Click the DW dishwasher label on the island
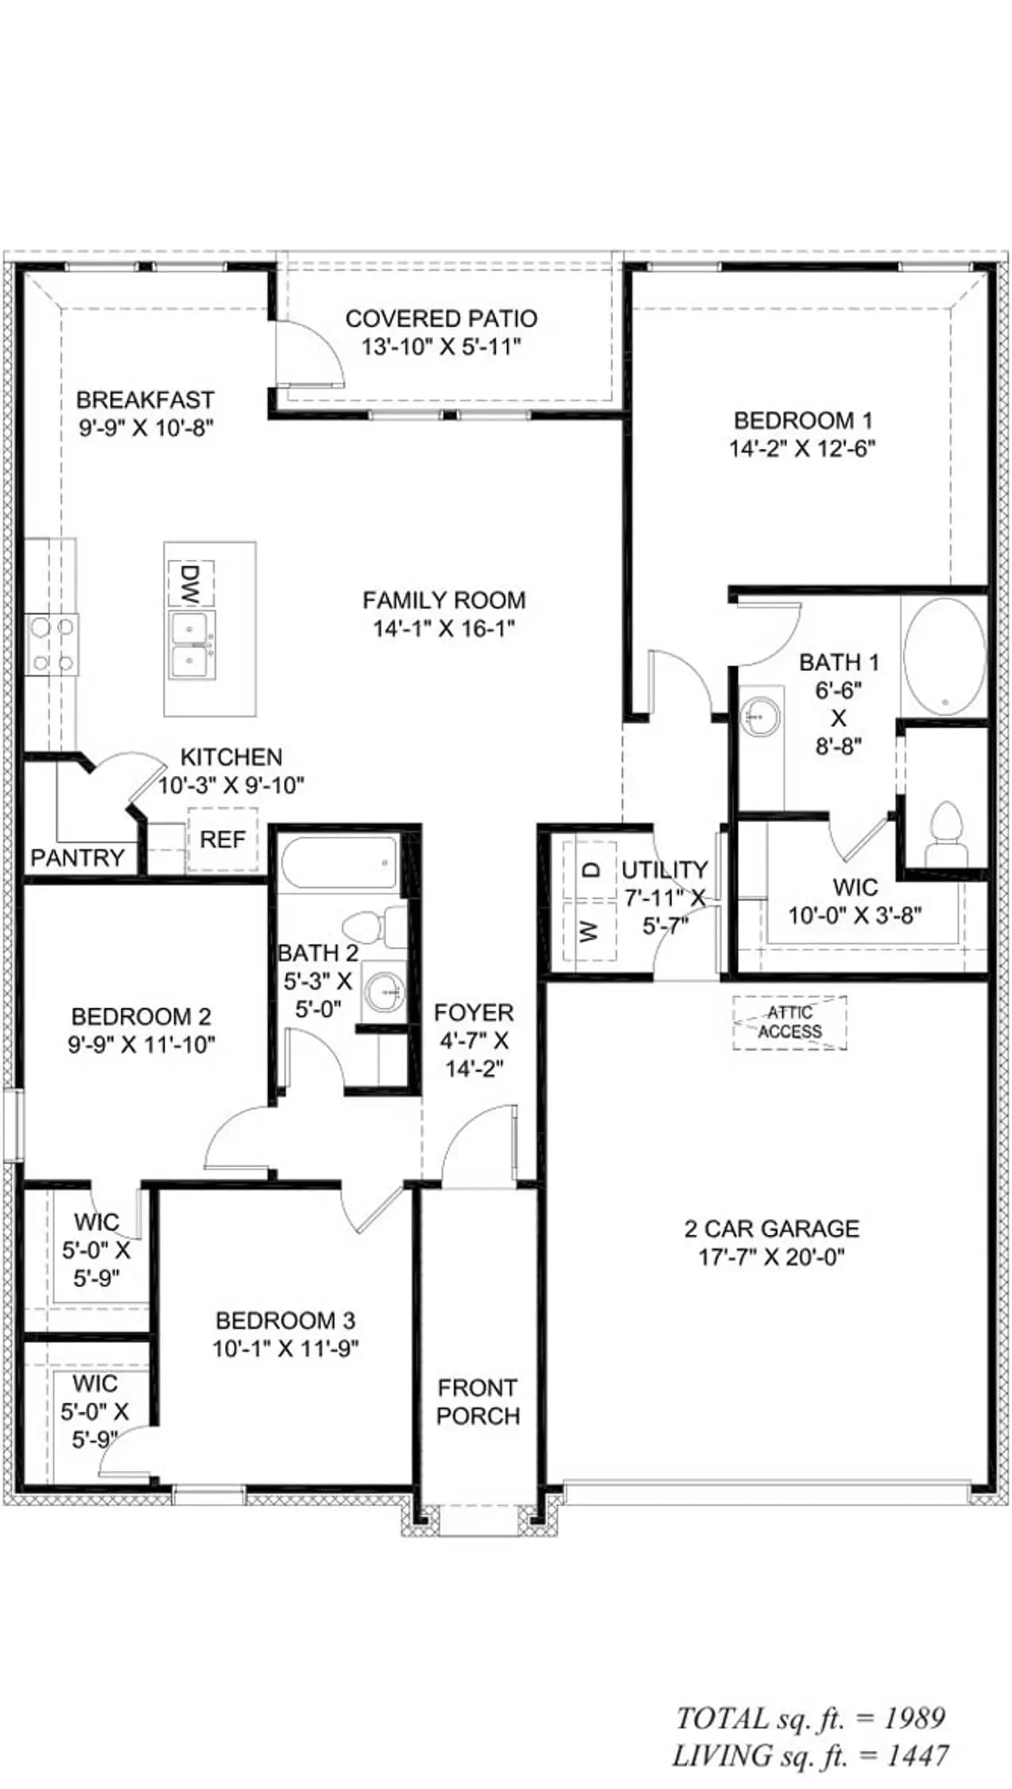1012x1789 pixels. pos(189,583)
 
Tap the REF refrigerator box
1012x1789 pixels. pos(223,840)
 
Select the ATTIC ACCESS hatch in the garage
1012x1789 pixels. pos(789,1023)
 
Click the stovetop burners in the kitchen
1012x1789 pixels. pos(52,645)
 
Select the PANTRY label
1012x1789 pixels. pos(77,857)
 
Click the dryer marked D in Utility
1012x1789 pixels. pos(590,871)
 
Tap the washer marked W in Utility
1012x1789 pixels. pos(590,931)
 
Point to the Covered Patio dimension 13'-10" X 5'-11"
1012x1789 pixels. pos(441,347)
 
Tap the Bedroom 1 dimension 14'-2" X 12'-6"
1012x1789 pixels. pos(802,448)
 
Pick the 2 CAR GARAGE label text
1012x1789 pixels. pos(772,1228)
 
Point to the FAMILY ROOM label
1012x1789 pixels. pos(444,600)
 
